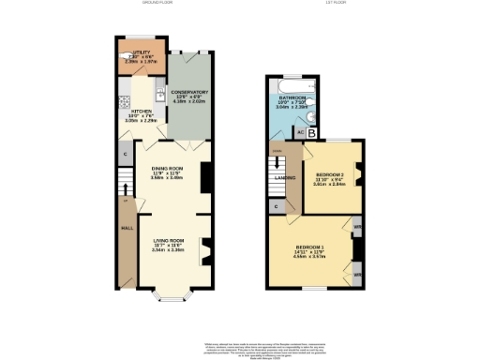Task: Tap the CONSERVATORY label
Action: click(190, 92)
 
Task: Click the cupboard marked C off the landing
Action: click(277, 206)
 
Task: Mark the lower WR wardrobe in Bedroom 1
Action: click(357, 274)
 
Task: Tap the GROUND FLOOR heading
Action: click(159, 4)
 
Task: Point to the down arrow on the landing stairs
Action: click(278, 161)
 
